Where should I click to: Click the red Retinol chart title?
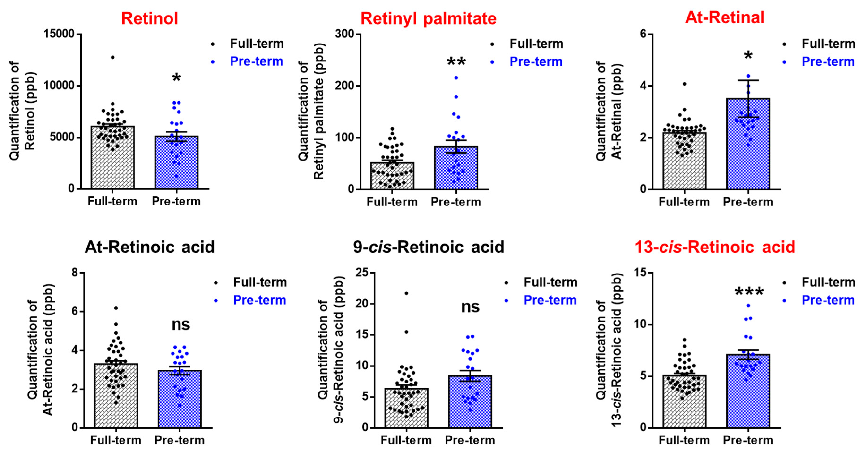[x=149, y=18]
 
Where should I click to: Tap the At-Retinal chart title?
[x=725, y=17]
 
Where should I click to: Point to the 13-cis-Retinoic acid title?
[x=715, y=247]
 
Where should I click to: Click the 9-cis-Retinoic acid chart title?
[x=429, y=247]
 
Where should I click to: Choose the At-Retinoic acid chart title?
[x=149, y=247]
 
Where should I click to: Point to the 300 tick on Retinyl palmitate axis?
[x=345, y=34]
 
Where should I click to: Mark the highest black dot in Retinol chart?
[x=112, y=57]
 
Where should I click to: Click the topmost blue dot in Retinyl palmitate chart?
[x=456, y=78]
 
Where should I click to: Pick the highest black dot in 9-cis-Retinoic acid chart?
[x=406, y=293]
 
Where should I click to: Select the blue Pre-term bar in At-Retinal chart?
[x=748, y=144]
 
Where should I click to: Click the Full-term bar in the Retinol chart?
[x=112, y=158]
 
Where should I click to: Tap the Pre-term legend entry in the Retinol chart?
[x=256, y=61]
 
